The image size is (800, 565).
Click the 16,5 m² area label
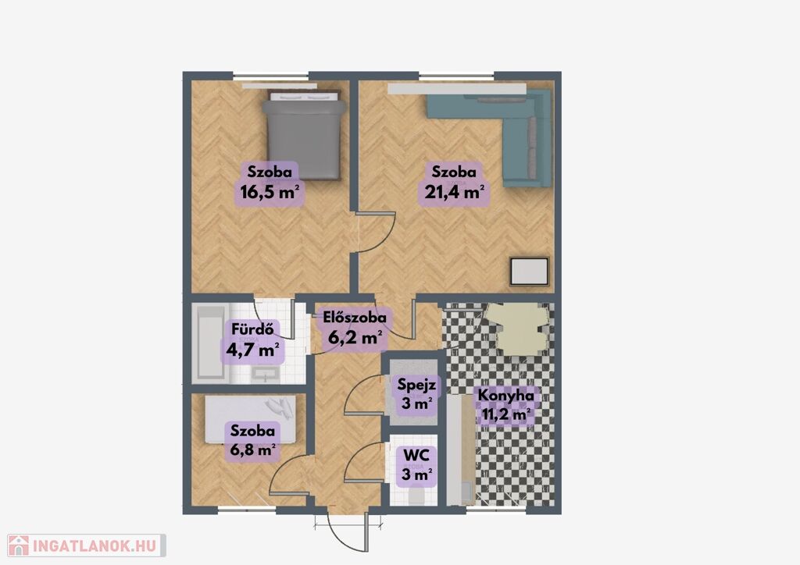[269, 192]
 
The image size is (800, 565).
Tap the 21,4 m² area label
[454, 192]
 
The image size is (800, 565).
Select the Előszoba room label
[355, 318]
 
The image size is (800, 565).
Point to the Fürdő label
[252, 329]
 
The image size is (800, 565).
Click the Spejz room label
[416, 384]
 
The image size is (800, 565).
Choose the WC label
[416, 454]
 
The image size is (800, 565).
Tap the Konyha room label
[505, 396]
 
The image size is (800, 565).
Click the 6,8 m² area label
[252, 450]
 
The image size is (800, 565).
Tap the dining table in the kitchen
[517, 329]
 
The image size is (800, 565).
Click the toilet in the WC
[416, 496]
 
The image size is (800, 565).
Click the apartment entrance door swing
[348, 532]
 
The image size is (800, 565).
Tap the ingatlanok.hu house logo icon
[19, 545]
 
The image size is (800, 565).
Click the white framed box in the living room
[530, 272]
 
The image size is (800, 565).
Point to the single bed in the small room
[250, 419]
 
